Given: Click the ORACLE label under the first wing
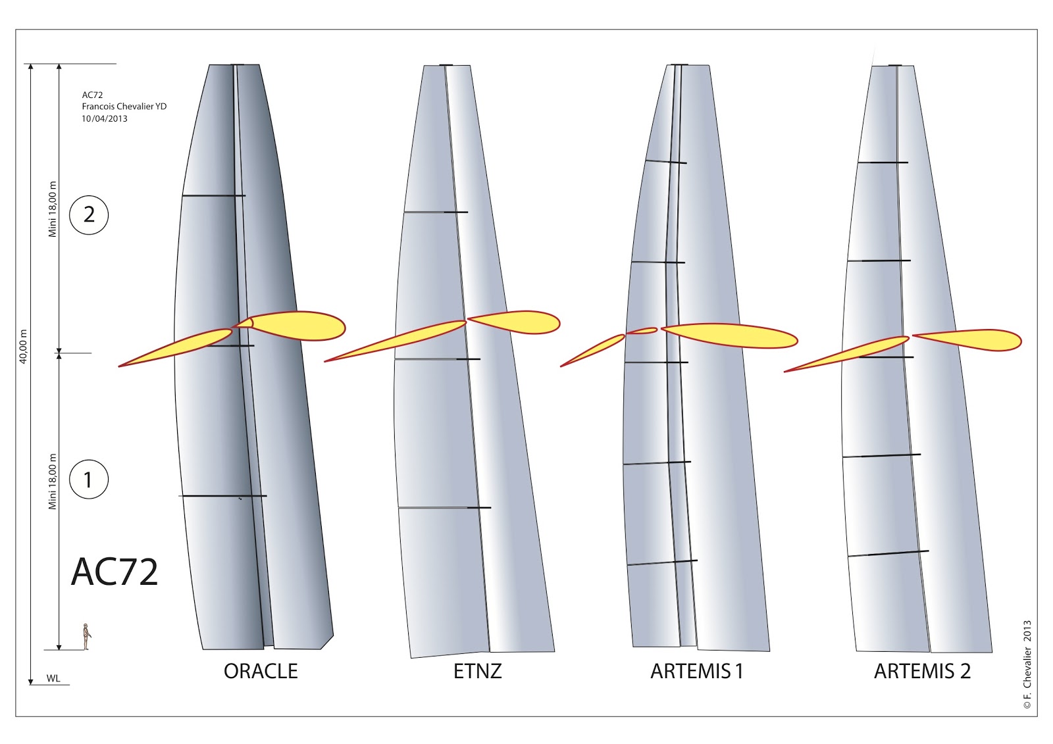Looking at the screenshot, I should (261, 671).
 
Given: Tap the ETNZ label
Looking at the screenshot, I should (477, 671).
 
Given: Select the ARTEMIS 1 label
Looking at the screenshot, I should (696, 671).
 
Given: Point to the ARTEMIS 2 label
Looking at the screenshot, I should (922, 671).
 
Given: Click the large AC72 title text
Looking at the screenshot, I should (114, 572).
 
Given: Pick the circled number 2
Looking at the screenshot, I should (89, 214).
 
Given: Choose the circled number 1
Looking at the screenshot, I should (88, 480).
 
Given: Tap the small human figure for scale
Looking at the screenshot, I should (86, 637).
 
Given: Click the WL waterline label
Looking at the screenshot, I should (53, 678).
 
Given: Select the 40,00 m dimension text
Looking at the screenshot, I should (24, 347).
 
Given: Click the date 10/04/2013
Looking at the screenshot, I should (105, 118).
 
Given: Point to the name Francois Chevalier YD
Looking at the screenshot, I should (124, 107).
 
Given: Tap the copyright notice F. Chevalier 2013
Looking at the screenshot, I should (1027, 664).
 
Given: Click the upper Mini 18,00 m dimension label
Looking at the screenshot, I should (53, 209).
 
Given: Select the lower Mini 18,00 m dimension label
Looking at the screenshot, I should (53, 482).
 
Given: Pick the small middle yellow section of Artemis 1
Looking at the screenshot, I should (642, 331).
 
